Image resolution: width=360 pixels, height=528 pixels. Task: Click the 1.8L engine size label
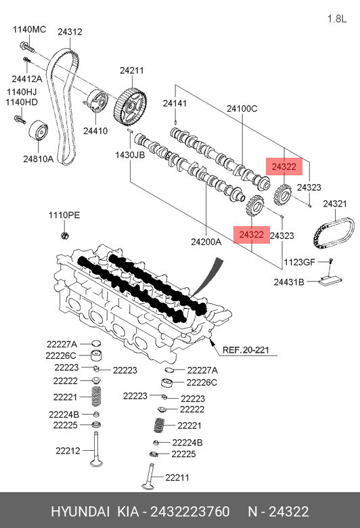tap(337, 18)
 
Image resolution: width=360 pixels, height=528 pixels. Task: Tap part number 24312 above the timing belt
tap(70, 32)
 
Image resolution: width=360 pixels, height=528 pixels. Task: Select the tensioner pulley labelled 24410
tap(96, 102)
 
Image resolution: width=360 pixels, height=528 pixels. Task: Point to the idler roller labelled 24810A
tap(38, 131)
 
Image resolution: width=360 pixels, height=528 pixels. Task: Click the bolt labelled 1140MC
tap(27, 47)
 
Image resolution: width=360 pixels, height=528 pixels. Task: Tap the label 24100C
tap(242, 108)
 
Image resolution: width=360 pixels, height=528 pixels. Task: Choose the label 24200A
tap(206, 242)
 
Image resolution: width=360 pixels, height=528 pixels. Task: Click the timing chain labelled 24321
tap(334, 234)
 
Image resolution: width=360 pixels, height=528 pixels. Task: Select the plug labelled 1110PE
tap(65, 235)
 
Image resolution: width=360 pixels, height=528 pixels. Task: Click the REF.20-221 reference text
tap(246, 350)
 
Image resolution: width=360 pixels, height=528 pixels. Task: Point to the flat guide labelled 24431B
tap(330, 281)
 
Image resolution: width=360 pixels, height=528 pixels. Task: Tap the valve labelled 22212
tap(96, 449)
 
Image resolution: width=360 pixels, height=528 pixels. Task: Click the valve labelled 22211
tap(148, 476)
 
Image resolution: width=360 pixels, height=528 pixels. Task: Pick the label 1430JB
tap(130, 155)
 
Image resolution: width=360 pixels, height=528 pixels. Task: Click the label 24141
tap(175, 103)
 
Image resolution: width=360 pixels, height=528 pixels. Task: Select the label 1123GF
tap(299, 262)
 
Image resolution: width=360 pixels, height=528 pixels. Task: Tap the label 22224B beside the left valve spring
tap(64, 414)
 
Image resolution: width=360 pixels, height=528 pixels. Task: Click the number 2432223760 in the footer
tap(190, 512)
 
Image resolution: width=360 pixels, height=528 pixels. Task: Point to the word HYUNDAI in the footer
tap(80, 512)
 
